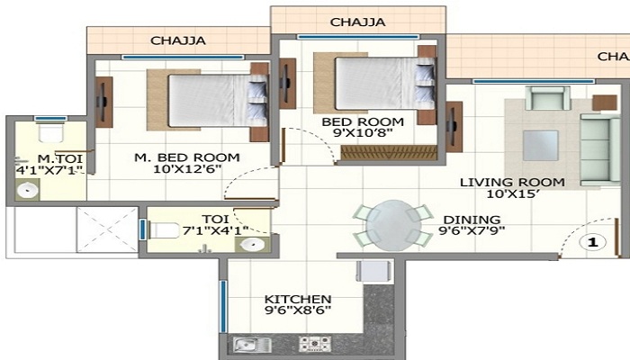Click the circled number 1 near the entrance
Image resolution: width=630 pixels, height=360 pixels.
point(593,242)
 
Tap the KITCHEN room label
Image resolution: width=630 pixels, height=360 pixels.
point(298,300)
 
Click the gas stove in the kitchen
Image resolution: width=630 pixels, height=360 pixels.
point(315,345)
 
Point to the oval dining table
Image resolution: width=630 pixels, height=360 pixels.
point(393,225)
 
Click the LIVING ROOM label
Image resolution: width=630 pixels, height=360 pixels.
point(512,183)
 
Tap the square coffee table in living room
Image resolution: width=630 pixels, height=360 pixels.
point(540,145)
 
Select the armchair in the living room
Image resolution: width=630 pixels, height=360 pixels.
point(547,97)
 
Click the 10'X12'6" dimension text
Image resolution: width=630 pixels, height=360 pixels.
point(187,169)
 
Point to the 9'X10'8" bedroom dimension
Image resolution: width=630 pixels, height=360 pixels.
point(363,133)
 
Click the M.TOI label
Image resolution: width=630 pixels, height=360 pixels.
point(60,158)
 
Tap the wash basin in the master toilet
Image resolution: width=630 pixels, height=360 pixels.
point(28,190)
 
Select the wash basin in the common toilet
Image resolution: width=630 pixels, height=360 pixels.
point(252,244)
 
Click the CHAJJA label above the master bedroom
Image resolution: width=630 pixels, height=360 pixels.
point(178,40)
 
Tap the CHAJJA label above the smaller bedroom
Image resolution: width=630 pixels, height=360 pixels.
point(357,22)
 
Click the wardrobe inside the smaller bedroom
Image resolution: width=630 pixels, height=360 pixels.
point(389,153)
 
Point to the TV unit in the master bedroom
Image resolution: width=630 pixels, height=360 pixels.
point(103,102)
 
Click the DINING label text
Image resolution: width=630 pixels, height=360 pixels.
point(472,220)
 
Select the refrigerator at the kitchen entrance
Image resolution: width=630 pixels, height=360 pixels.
point(373,272)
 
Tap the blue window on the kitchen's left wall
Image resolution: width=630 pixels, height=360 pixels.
point(223,307)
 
